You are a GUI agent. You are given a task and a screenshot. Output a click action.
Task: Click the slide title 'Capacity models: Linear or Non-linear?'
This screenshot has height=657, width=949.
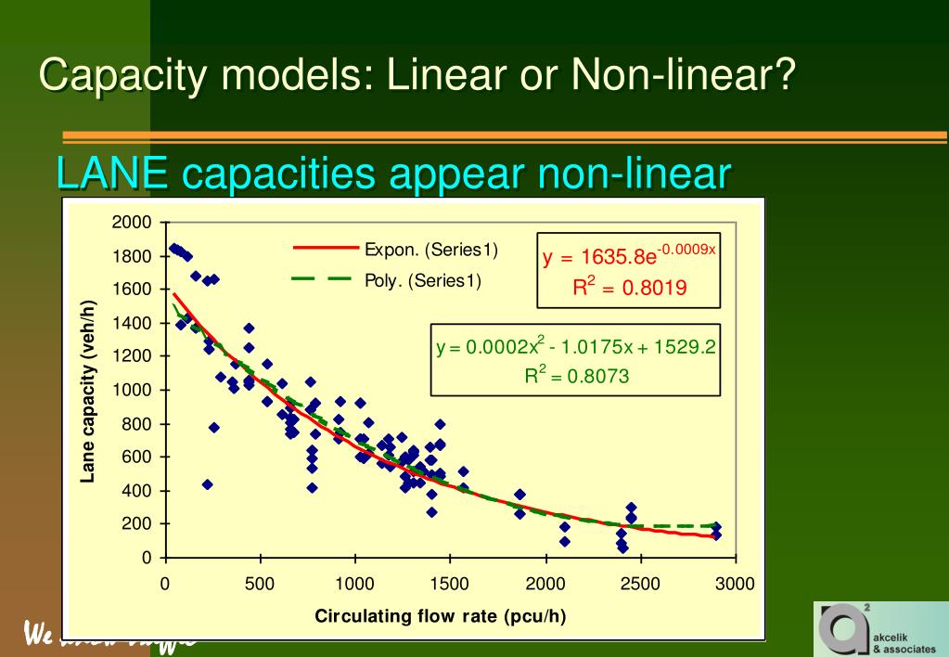418,74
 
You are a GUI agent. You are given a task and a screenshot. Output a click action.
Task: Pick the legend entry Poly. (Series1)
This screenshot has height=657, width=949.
423,280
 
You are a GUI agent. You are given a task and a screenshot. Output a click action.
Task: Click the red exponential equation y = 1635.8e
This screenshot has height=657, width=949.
628,255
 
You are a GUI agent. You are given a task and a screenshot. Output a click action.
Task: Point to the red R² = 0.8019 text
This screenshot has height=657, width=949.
629,287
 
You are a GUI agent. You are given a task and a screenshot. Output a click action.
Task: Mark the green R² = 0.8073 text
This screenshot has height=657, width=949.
577,377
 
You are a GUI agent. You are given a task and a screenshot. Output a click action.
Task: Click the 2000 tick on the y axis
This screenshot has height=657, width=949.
131,223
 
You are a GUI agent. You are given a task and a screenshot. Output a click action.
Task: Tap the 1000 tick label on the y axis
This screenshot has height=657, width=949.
131,390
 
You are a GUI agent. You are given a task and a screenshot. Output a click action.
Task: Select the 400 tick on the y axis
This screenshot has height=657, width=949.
135,491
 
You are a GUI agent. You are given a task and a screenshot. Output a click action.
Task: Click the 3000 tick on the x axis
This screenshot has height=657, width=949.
736,584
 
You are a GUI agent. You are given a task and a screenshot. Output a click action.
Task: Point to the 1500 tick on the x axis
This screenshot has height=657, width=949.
450,584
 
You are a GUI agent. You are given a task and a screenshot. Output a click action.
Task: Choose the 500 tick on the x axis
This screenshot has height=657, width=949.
260,584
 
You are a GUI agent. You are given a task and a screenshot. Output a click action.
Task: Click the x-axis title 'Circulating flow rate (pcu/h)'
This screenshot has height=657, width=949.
441,615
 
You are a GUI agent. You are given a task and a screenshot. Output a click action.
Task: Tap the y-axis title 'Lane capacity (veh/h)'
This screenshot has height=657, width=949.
89,390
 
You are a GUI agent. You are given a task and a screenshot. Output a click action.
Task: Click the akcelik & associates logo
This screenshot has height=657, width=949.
879,628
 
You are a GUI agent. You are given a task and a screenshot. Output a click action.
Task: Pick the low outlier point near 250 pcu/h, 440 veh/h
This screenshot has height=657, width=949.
208,484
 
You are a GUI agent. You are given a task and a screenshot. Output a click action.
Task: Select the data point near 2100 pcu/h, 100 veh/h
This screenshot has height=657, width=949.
564,541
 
